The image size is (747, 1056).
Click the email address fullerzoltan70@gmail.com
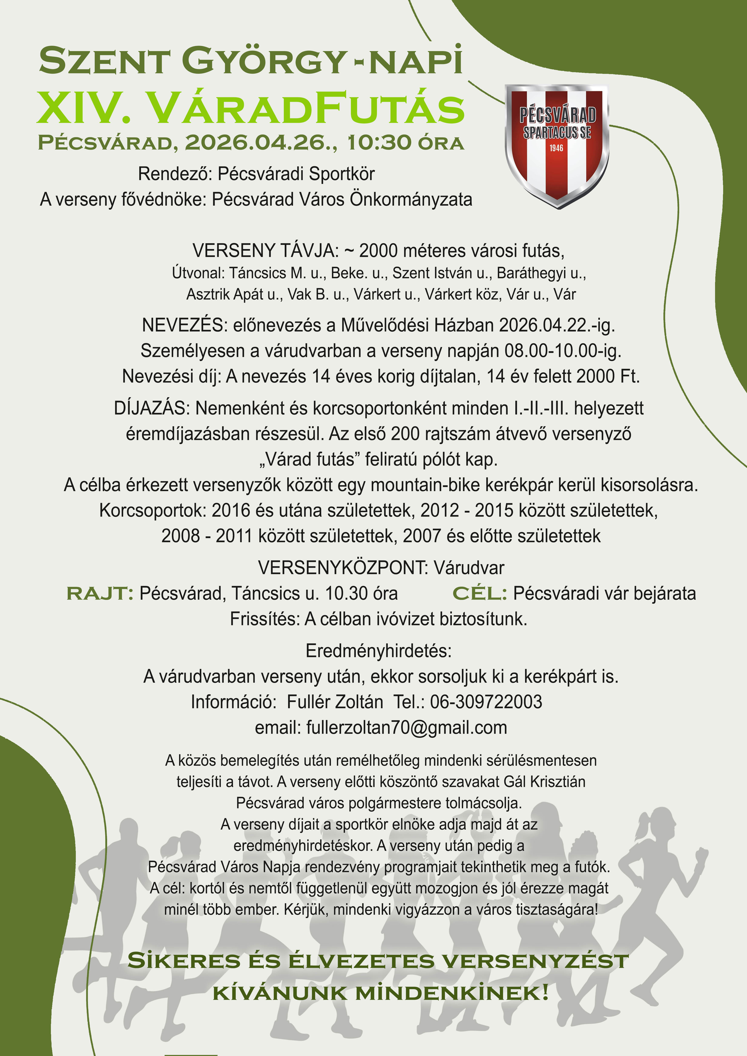point(407,728)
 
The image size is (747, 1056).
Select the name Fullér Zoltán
point(335,702)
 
